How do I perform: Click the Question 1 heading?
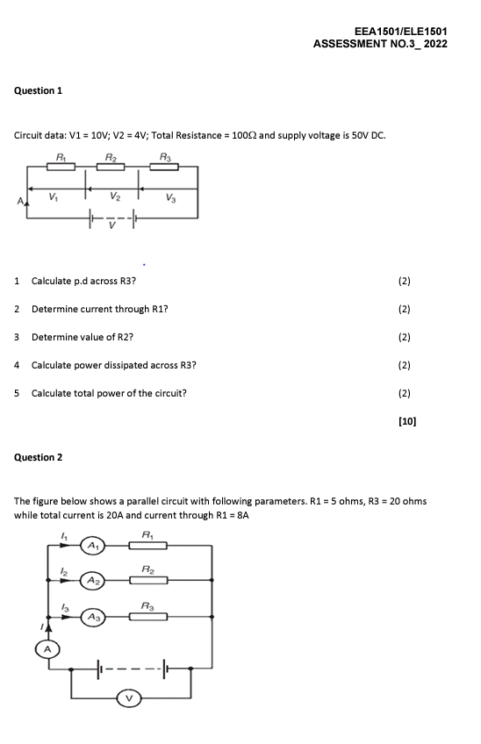click(x=39, y=90)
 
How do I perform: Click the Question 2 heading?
click(x=39, y=457)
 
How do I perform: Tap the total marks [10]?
click(x=406, y=421)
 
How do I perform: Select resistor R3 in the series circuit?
click(x=165, y=168)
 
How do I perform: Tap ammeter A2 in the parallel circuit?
click(x=92, y=580)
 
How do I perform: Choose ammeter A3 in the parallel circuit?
click(x=92, y=616)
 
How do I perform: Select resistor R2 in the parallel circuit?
click(x=147, y=580)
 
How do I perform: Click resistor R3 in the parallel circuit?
click(x=147, y=616)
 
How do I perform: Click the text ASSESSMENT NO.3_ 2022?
click(x=380, y=43)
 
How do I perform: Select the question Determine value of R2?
click(x=83, y=337)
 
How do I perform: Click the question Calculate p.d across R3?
click(x=83, y=281)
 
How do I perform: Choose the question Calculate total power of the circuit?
click(x=109, y=393)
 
